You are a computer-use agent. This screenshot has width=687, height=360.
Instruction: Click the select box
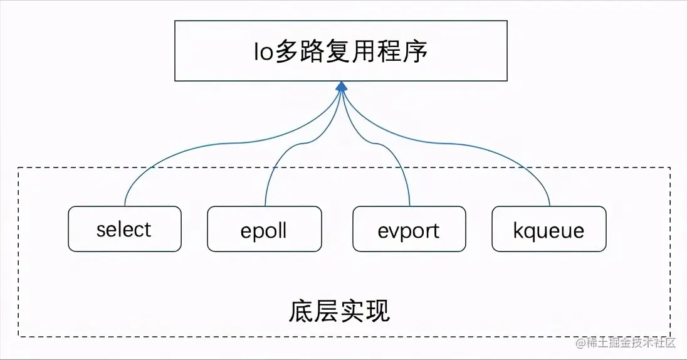tap(124, 229)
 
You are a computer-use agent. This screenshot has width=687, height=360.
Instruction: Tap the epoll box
tap(264, 230)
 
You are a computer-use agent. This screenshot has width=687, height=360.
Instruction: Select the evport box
tap(409, 230)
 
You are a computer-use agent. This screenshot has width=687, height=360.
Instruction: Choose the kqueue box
tap(548, 230)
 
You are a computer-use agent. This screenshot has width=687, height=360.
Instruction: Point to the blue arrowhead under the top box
tap(341, 87)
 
